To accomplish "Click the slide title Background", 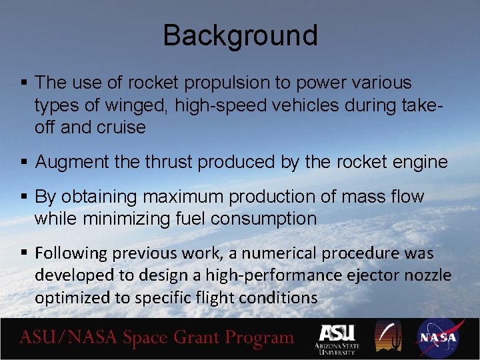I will [240, 35].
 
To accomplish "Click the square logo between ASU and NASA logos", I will [389, 337].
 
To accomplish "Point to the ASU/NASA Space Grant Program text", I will [157, 338].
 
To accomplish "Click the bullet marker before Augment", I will [23, 163].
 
